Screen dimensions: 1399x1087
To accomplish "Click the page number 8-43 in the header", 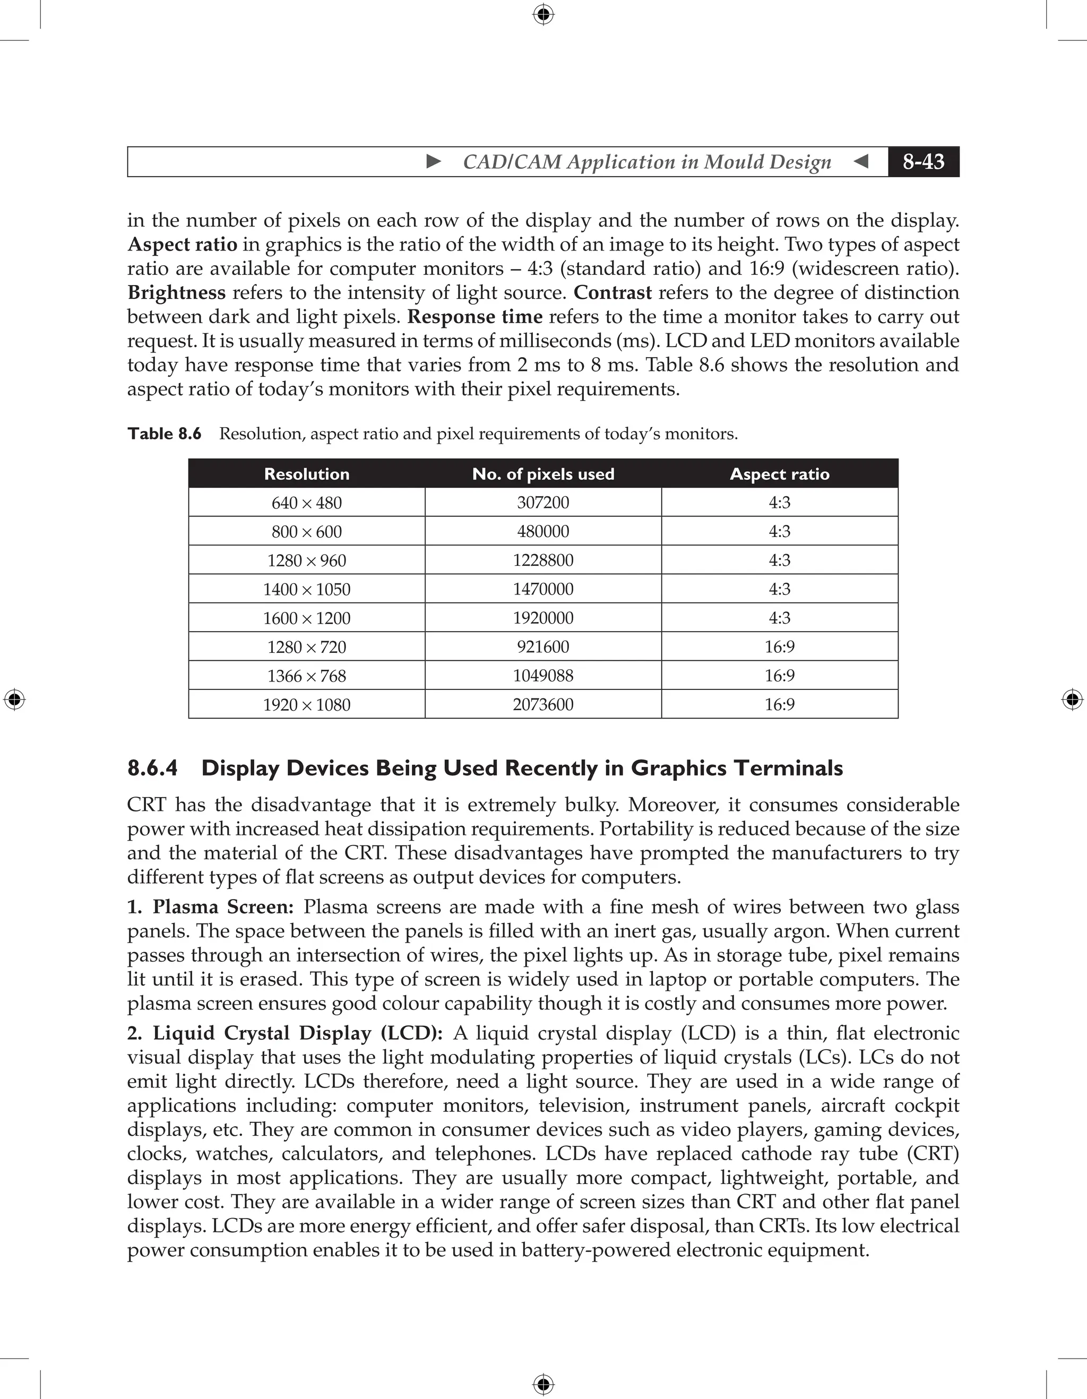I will [x=923, y=161].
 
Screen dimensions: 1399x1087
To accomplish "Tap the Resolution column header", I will [x=307, y=474].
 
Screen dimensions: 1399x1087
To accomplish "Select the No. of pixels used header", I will [x=543, y=474].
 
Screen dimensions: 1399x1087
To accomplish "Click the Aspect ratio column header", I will [x=780, y=474].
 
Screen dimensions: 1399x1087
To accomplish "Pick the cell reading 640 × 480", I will [x=307, y=503].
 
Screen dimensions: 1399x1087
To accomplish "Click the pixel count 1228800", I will [x=543, y=560].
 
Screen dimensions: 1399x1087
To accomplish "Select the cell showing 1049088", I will [x=543, y=676].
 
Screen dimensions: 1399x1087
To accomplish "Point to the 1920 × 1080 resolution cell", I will [x=307, y=705].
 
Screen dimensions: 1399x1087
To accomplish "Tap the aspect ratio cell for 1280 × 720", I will [x=780, y=647].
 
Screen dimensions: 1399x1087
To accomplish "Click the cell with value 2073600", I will [x=543, y=705].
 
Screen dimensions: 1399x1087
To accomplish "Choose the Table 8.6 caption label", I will [x=165, y=434].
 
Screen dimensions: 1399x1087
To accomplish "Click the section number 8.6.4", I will [x=152, y=768].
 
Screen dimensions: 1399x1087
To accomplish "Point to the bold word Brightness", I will [x=177, y=293].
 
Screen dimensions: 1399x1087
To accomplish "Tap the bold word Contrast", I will [x=612, y=293].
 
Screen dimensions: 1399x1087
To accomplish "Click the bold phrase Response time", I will [x=475, y=317].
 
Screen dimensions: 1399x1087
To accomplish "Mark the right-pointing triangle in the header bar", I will [x=434, y=161].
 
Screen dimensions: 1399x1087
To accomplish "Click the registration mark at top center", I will [x=543, y=14].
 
